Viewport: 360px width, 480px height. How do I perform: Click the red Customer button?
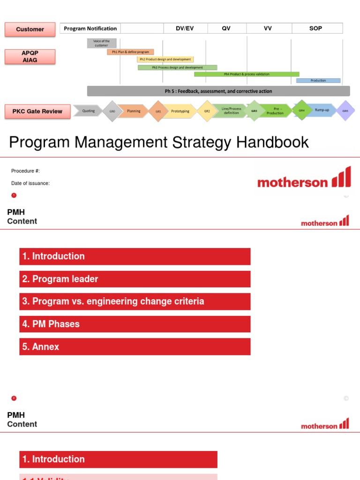click(x=30, y=29)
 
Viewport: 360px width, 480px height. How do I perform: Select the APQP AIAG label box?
click(x=30, y=57)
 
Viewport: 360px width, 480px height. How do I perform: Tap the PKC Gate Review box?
click(x=37, y=112)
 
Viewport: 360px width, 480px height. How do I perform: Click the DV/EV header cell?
click(x=185, y=29)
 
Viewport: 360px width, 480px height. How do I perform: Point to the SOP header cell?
click(x=316, y=29)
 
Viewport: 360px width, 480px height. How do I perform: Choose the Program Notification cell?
click(x=90, y=29)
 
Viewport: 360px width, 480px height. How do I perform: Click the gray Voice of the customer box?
click(x=101, y=43)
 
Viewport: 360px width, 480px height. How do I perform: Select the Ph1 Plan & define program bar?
click(x=130, y=52)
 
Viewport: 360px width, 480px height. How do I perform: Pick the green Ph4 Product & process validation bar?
click(x=247, y=74)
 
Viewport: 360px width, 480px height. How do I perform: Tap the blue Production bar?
click(x=318, y=81)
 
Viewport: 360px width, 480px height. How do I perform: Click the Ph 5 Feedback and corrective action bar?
click(x=218, y=91)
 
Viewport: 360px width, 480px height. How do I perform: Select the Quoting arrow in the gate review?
click(x=89, y=111)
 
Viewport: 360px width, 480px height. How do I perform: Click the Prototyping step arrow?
click(x=180, y=111)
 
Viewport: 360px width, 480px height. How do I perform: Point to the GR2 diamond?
click(x=207, y=111)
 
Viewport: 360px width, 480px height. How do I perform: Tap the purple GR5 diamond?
click(x=345, y=111)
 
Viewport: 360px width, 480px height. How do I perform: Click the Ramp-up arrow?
click(x=322, y=110)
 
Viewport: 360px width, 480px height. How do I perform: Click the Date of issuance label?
click(x=30, y=183)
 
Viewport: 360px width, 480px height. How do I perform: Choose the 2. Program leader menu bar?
click(x=135, y=279)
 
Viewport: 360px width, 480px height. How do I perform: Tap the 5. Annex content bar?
click(x=135, y=347)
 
